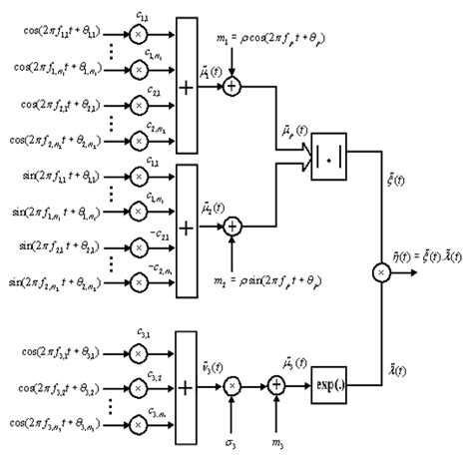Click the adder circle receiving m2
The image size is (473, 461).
pyautogui.click(x=232, y=228)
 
